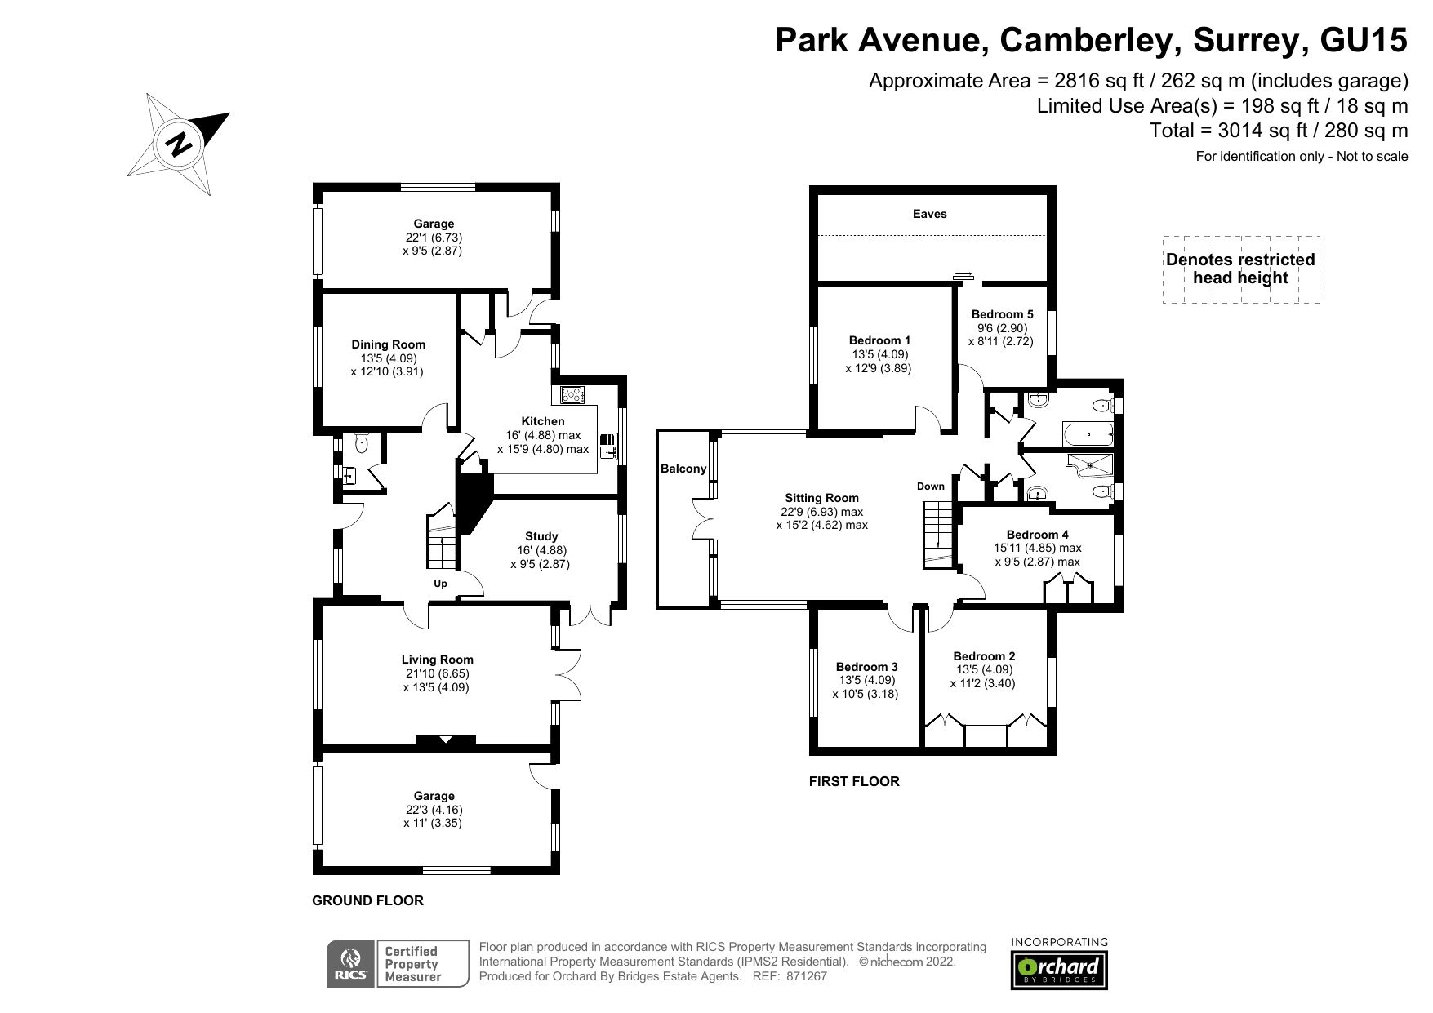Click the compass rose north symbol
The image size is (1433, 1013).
(x=178, y=145)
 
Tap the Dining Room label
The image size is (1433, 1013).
(x=388, y=344)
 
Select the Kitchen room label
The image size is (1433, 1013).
(x=542, y=421)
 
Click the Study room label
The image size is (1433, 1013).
(x=541, y=536)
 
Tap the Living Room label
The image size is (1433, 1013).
(x=437, y=660)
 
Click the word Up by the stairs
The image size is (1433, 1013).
(x=440, y=584)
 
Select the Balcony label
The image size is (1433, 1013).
(x=683, y=469)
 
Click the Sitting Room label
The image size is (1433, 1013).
(x=821, y=498)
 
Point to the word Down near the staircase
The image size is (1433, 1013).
(x=930, y=487)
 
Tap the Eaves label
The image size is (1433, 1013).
(x=929, y=214)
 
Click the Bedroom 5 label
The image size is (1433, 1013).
(x=1002, y=314)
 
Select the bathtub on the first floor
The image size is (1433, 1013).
(x=1087, y=433)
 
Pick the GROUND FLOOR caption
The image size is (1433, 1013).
(x=367, y=901)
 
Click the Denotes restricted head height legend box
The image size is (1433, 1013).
(x=1240, y=269)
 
